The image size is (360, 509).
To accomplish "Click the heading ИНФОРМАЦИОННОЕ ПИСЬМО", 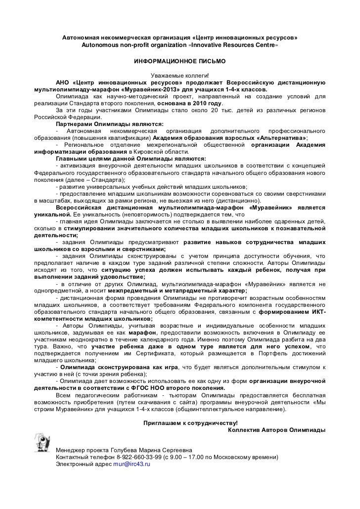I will pyautogui.click(x=180, y=63).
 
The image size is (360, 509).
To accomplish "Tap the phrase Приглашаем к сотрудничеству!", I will pyautogui.click(x=190, y=424).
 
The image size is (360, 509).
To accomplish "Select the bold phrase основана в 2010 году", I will pyautogui.click(x=189, y=103).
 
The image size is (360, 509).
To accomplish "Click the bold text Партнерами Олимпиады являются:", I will pyautogui.click(x=109, y=124).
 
